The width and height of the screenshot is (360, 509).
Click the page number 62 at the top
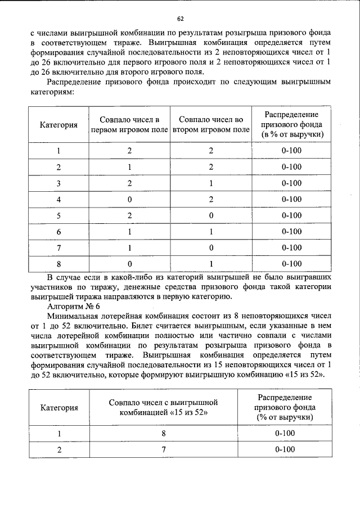pyautogui.click(x=180, y=18)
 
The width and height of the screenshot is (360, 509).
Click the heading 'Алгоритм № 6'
pyautogui.click(x=74, y=307)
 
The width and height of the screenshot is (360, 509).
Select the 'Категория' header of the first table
pyautogui.click(x=58, y=125)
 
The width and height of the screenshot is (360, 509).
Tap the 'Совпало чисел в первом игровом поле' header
pyautogui.click(x=129, y=125)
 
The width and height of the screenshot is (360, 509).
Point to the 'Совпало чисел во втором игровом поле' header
pyautogui.click(x=211, y=125)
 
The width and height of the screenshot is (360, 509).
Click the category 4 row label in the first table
pyautogui.click(x=58, y=199)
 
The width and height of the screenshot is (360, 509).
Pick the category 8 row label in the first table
pyautogui.click(x=58, y=263)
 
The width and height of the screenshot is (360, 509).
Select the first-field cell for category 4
pyautogui.click(x=129, y=199)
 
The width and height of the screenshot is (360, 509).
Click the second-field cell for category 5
pyautogui.click(x=211, y=215)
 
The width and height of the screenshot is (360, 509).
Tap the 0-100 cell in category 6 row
pyautogui.click(x=291, y=231)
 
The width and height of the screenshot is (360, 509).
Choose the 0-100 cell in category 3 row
pyautogui.click(x=291, y=183)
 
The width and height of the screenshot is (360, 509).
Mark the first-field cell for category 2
pyautogui.click(x=129, y=167)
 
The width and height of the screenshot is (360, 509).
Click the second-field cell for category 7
pyautogui.click(x=211, y=247)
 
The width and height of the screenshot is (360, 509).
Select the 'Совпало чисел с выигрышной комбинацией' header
pyautogui.click(x=163, y=408)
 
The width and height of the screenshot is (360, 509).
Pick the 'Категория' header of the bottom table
pyautogui.click(x=58, y=408)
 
